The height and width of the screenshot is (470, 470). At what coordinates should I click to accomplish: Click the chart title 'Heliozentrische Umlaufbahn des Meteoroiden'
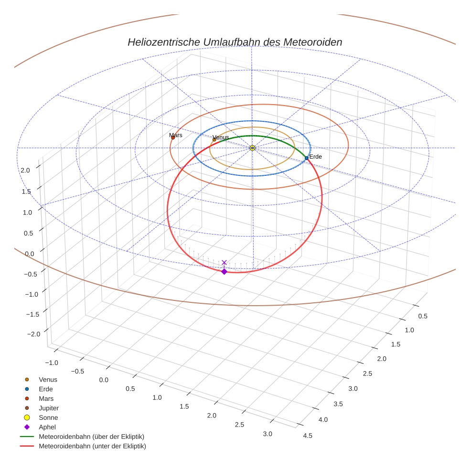point(235,42)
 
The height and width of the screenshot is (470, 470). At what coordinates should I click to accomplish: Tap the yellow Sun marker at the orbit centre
point(252,148)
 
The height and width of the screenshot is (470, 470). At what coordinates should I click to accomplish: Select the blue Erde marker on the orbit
point(307,158)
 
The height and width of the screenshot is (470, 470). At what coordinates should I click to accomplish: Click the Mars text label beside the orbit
point(176,135)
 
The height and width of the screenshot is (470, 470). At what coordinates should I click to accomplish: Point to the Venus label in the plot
point(221,137)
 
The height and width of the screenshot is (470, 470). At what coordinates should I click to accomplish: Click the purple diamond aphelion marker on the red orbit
point(224,271)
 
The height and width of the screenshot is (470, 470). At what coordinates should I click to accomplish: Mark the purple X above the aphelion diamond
point(224,262)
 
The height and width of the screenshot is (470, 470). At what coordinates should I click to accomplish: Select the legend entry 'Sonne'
point(48,417)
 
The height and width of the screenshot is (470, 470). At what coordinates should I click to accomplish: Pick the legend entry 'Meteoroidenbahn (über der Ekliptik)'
point(91,437)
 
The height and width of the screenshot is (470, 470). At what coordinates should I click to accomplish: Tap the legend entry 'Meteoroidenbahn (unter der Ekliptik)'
point(92,446)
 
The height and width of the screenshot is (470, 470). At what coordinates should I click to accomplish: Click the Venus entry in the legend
point(48,379)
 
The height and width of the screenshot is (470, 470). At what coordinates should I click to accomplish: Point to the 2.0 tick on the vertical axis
point(25,170)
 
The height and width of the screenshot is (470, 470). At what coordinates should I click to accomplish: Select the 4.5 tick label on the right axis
point(308,435)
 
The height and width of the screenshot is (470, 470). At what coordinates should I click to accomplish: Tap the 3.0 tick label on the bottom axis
point(267,434)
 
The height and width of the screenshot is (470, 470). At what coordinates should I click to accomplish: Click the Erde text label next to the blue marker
point(315,157)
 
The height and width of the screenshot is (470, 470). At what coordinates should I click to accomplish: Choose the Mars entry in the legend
point(46,398)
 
